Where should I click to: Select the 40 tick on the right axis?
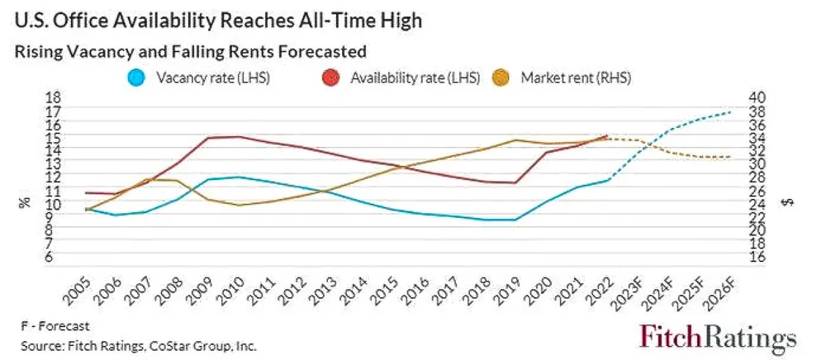757,97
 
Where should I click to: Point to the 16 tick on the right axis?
757,257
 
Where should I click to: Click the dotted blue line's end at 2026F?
730,111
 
